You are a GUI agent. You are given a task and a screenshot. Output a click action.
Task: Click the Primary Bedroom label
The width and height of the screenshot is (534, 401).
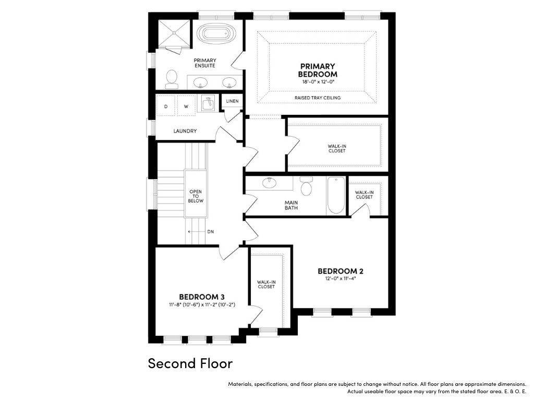(x=318, y=70)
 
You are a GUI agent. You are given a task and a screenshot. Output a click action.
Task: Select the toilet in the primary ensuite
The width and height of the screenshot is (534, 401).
(x=171, y=78)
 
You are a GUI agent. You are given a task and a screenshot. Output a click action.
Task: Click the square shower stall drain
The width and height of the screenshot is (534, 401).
(x=174, y=33)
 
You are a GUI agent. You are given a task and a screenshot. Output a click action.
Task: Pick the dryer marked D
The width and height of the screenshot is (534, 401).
(x=166, y=107)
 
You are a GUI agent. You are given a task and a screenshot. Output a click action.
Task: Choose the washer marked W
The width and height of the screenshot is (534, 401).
(x=186, y=107)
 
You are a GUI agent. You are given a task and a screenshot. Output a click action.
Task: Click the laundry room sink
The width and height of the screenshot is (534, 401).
(x=208, y=103)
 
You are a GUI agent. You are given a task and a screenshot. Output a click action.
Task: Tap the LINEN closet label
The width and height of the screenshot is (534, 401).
(x=232, y=101)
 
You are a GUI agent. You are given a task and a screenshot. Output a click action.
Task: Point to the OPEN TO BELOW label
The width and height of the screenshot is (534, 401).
(x=196, y=196)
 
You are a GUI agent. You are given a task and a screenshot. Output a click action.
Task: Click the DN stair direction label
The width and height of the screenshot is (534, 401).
(x=211, y=232)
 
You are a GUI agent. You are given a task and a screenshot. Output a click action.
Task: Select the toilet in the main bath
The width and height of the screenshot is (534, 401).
(x=306, y=186)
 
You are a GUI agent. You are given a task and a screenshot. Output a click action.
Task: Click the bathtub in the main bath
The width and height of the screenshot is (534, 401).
(x=336, y=195)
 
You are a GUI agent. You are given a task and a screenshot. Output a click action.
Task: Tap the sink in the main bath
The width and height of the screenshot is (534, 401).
(x=270, y=183)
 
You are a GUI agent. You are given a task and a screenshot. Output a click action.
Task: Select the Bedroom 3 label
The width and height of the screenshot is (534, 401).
(x=202, y=297)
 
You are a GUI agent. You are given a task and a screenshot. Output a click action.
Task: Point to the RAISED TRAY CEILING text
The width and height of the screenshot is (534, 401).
(x=318, y=98)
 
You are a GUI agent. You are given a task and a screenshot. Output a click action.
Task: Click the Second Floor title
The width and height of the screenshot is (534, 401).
(x=190, y=363)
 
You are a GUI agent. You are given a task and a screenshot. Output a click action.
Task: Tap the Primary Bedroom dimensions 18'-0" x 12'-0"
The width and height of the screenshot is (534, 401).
(x=318, y=82)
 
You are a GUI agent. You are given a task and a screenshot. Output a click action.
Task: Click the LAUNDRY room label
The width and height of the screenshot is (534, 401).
(x=185, y=131)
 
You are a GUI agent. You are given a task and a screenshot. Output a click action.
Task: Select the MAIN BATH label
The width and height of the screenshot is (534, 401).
(x=291, y=205)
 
